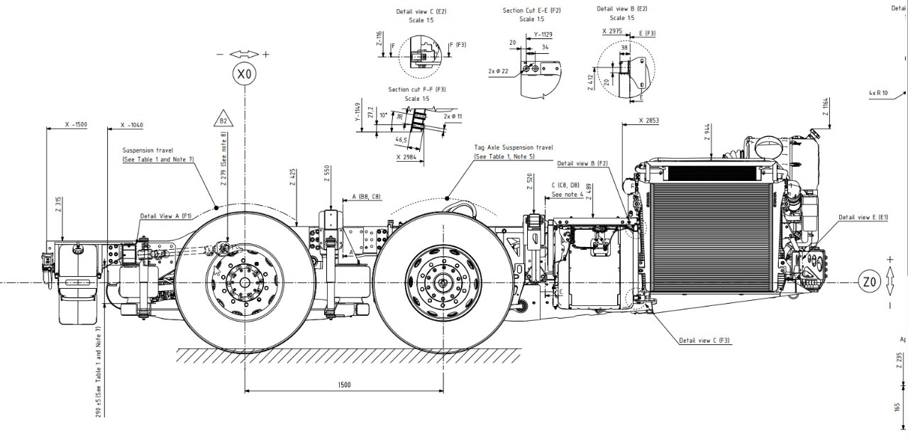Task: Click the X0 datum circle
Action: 245,73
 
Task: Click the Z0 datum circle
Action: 870,282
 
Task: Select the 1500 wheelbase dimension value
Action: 344,385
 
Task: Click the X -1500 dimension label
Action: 76,125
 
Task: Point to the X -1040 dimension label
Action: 132,125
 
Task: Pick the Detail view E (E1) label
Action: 865,217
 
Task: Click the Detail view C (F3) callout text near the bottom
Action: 704,341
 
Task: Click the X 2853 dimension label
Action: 648,121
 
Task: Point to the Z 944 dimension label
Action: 708,133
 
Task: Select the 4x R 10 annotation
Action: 877,93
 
